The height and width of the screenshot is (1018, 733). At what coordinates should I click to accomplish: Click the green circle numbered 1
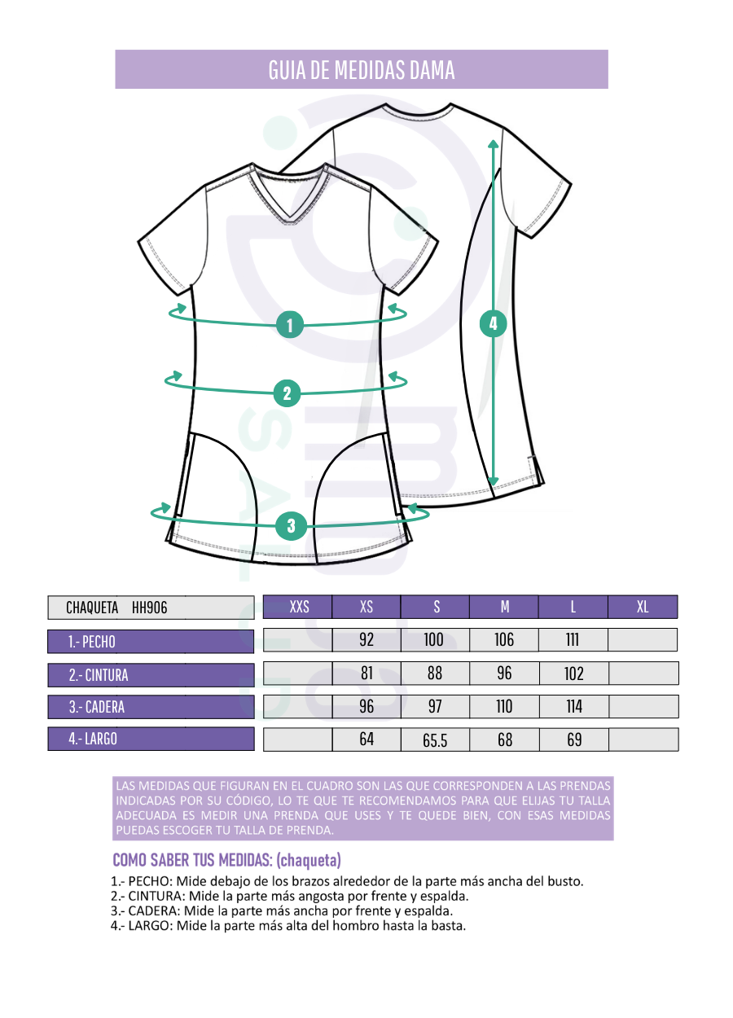[x=290, y=324]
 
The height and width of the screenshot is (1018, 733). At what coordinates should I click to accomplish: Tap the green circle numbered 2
[x=287, y=393]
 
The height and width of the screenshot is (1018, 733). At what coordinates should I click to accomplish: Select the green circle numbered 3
[x=292, y=526]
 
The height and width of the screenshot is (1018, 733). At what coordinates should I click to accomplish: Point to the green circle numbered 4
[x=493, y=323]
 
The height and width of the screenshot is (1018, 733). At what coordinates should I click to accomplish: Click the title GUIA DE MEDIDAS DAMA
[x=362, y=70]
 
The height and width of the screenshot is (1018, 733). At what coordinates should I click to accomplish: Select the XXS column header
[x=298, y=607]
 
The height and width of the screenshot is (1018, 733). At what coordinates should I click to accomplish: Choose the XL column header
[x=643, y=607]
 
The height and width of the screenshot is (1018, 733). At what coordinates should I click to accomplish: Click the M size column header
[x=504, y=607]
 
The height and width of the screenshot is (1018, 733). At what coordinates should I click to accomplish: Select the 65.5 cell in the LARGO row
[x=435, y=740]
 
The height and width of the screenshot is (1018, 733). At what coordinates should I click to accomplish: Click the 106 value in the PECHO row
[x=504, y=639]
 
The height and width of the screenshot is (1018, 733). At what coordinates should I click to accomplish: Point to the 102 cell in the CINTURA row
[x=574, y=673]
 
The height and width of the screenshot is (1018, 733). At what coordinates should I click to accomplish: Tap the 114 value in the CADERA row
[x=574, y=707]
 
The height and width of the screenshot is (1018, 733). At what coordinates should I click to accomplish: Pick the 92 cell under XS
[x=366, y=639]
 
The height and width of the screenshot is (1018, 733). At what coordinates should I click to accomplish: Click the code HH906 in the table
[x=150, y=608]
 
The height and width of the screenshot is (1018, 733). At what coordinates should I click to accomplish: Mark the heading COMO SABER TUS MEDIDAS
[x=192, y=859]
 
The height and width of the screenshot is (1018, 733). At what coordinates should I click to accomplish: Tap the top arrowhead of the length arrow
[x=493, y=144]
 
